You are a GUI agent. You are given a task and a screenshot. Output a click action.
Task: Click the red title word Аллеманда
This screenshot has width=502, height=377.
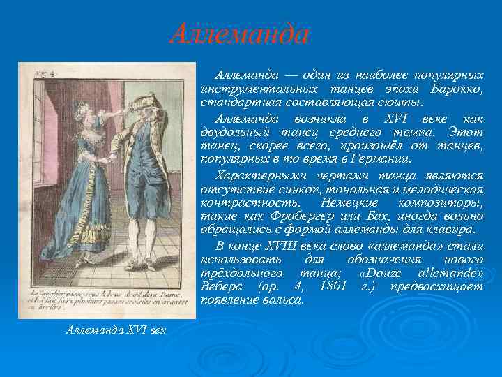click(x=238, y=34)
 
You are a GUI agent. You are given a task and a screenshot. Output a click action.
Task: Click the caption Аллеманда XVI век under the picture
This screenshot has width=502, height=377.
click(x=116, y=329)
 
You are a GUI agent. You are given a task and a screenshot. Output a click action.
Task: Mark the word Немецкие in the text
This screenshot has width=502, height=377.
click(x=347, y=202)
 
